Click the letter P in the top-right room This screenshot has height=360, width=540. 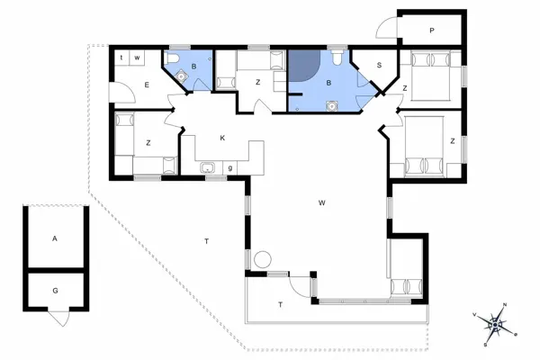(432, 31)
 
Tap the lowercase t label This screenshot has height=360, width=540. (122, 58)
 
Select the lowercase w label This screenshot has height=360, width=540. (137, 58)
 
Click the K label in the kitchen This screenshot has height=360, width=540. (221, 138)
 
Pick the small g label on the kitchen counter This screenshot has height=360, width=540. (230, 167)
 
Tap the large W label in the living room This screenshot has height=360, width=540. (321, 202)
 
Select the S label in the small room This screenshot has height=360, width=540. (380, 65)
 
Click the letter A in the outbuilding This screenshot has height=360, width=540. (55, 239)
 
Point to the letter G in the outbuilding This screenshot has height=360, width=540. (55, 292)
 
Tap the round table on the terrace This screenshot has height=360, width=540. (262, 259)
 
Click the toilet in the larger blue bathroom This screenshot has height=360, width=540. (335, 58)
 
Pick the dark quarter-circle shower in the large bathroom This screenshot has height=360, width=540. (300, 66)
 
